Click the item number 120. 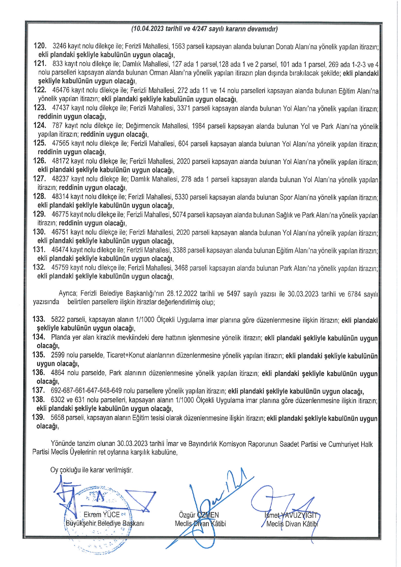coord(40,46)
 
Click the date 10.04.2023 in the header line coord(148,29)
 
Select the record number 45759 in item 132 coord(60,267)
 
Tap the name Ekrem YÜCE coord(101,515)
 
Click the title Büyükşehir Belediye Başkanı coord(105,523)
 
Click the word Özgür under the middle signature coord(187,515)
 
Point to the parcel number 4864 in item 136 coord(58,373)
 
